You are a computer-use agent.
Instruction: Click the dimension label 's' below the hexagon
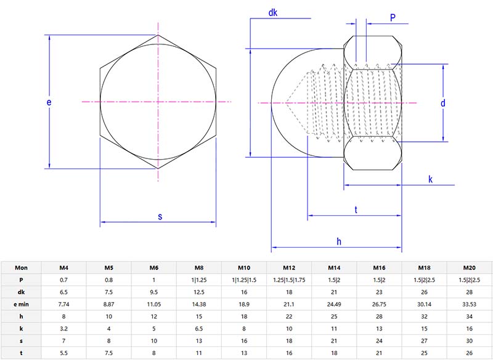click(160, 216)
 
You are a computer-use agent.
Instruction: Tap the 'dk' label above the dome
click(274, 13)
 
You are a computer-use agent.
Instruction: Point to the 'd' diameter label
click(442, 104)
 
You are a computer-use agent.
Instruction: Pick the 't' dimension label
click(356, 210)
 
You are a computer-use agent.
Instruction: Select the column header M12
click(289, 268)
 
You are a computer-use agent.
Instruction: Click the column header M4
click(63, 268)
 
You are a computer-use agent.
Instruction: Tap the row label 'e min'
click(21, 305)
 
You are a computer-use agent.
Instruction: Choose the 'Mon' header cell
click(21, 268)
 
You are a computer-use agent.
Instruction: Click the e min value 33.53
click(470, 305)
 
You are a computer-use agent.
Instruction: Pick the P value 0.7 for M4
click(63, 280)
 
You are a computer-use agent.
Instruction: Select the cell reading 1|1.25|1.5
click(244, 280)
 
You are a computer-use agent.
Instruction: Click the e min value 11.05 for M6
click(153, 305)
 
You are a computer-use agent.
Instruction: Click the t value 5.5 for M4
click(63, 353)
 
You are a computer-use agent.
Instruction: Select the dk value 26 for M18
click(425, 292)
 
